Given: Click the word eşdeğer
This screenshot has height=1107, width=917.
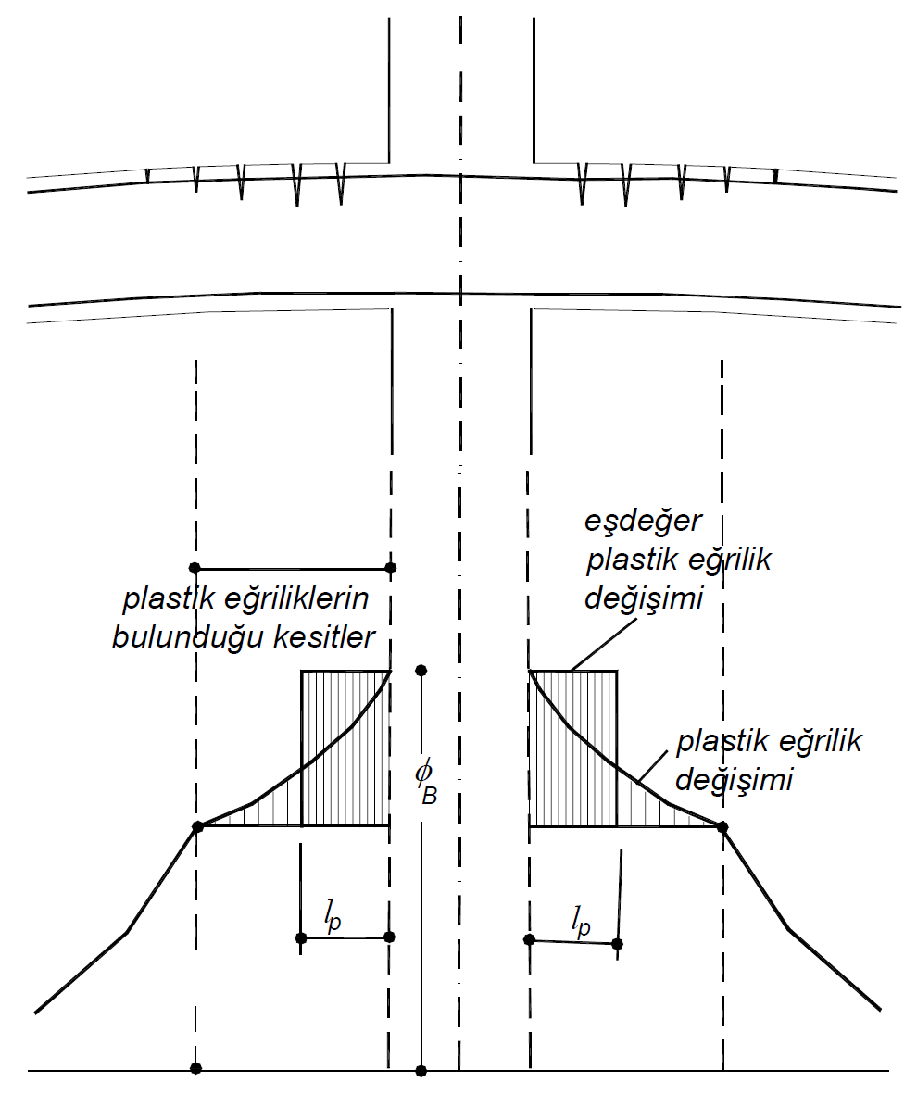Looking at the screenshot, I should pyautogui.click(x=644, y=522).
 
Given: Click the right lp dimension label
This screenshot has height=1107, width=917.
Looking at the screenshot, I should pyautogui.click(x=581, y=922).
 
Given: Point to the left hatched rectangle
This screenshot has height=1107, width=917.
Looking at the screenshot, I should pyautogui.click(x=345, y=748).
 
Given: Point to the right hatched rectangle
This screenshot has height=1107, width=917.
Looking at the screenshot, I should pyautogui.click(x=573, y=748).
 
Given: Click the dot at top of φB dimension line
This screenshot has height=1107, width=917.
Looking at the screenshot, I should pyautogui.click(x=421, y=670).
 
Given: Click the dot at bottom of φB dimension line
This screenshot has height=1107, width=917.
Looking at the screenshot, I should pyautogui.click(x=421, y=1071).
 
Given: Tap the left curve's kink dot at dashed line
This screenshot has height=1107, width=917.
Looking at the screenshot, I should pyautogui.click(x=196, y=825).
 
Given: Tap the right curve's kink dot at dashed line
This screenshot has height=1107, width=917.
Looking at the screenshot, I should pyautogui.click(x=722, y=825).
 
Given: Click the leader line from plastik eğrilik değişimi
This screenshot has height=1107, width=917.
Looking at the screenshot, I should pyautogui.click(x=652, y=768).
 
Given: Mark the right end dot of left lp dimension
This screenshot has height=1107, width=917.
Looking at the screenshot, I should pyautogui.click(x=389, y=937).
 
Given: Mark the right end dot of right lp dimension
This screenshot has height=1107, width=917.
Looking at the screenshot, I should pyautogui.click(x=618, y=943).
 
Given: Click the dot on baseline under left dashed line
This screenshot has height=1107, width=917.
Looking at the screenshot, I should pyautogui.click(x=195, y=1068).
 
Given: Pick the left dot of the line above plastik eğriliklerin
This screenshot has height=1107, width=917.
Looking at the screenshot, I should pyautogui.click(x=194, y=567).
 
